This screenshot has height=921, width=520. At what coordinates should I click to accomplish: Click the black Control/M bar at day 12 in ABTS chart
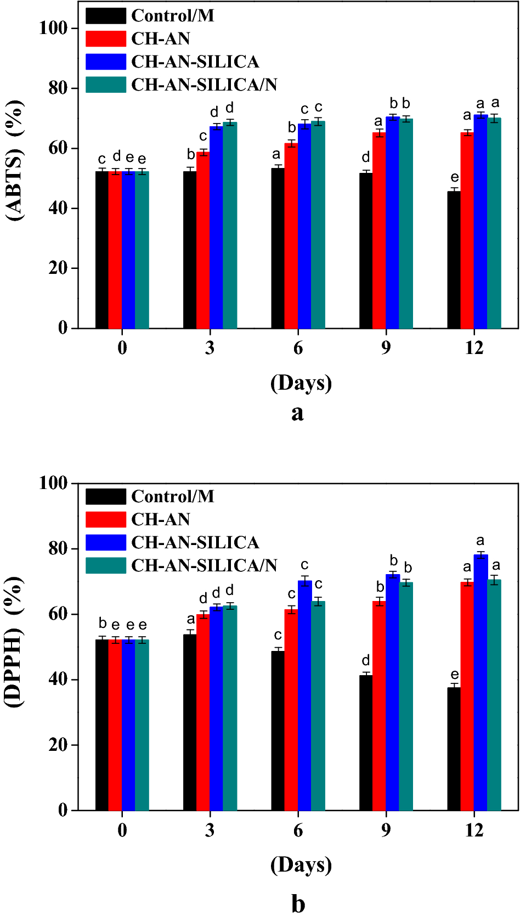(454, 260)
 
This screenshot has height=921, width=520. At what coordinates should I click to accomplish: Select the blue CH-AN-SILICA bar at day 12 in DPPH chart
(481, 683)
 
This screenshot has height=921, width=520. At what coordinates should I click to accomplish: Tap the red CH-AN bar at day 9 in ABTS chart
(379, 231)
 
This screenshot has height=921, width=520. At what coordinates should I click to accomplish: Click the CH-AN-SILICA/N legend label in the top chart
(204, 85)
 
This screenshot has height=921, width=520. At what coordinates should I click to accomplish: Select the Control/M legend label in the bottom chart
(172, 496)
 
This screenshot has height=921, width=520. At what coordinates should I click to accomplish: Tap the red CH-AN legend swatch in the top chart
(106, 38)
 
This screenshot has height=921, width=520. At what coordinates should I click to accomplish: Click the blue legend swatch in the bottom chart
(106, 542)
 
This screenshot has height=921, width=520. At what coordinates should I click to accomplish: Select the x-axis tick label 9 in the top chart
(386, 347)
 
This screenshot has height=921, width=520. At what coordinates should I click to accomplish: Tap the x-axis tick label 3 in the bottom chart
(210, 830)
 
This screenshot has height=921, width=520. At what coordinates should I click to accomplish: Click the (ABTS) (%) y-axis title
(15, 160)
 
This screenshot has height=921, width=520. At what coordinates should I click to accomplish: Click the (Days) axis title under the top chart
(301, 383)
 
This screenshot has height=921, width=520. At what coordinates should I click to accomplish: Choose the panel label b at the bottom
(298, 903)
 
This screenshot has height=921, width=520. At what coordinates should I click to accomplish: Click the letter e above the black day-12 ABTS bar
(455, 177)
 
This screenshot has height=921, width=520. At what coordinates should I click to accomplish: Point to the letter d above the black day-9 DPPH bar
(366, 660)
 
